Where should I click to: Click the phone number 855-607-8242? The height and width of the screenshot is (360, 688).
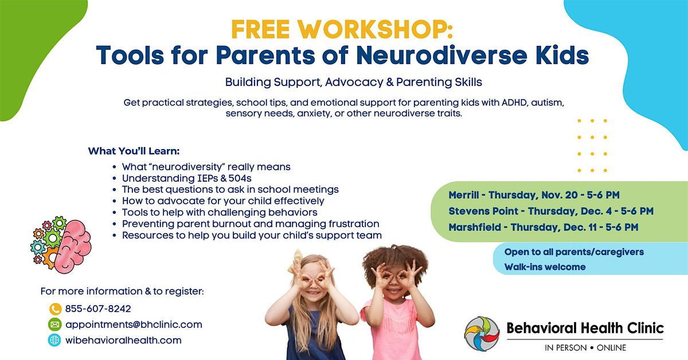(98, 308)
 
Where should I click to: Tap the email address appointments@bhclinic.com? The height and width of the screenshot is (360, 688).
(134, 324)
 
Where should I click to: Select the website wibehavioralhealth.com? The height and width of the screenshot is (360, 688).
(123, 340)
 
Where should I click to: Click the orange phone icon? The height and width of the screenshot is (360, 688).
(55, 308)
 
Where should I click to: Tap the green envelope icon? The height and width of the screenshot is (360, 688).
(55, 324)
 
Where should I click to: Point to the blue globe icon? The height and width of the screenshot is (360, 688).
(55, 340)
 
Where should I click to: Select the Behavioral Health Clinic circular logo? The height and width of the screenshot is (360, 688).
(482, 334)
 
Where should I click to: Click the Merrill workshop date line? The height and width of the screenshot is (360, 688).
(534, 195)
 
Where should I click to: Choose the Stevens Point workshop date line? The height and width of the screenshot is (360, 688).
(551, 211)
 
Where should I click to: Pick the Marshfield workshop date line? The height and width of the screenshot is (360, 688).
(543, 227)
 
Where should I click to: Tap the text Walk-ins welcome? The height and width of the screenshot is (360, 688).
(545, 267)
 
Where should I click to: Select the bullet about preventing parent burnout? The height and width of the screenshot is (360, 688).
(251, 224)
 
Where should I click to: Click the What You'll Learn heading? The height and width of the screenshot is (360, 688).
(134, 151)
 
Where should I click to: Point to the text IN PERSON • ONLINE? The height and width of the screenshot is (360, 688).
(585, 348)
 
